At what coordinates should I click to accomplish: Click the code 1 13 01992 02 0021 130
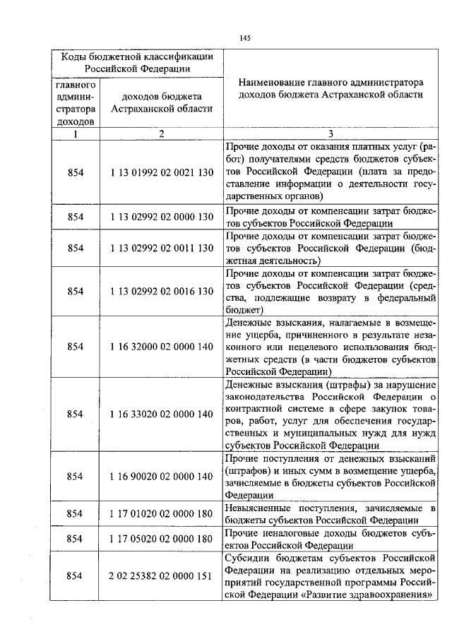click(162, 171)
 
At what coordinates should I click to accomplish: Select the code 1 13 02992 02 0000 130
click(162, 215)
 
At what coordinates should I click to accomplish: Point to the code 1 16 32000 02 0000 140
click(162, 346)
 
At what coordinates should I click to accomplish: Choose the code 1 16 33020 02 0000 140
click(162, 414)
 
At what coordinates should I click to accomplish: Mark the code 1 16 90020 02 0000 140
click(162, 476)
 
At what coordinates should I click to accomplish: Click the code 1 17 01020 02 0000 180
click(162, 513)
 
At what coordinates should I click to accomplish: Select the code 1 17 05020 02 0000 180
click(162, 539)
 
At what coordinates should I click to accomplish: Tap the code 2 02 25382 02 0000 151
click(162, 576)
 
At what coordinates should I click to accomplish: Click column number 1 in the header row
click(75, 134)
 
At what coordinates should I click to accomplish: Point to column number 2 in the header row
click(162, 134)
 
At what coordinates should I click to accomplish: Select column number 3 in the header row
click(330, 134)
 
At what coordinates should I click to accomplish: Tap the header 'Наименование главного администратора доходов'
click(330, 88)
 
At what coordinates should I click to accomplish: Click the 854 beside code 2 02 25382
click(75, 576)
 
